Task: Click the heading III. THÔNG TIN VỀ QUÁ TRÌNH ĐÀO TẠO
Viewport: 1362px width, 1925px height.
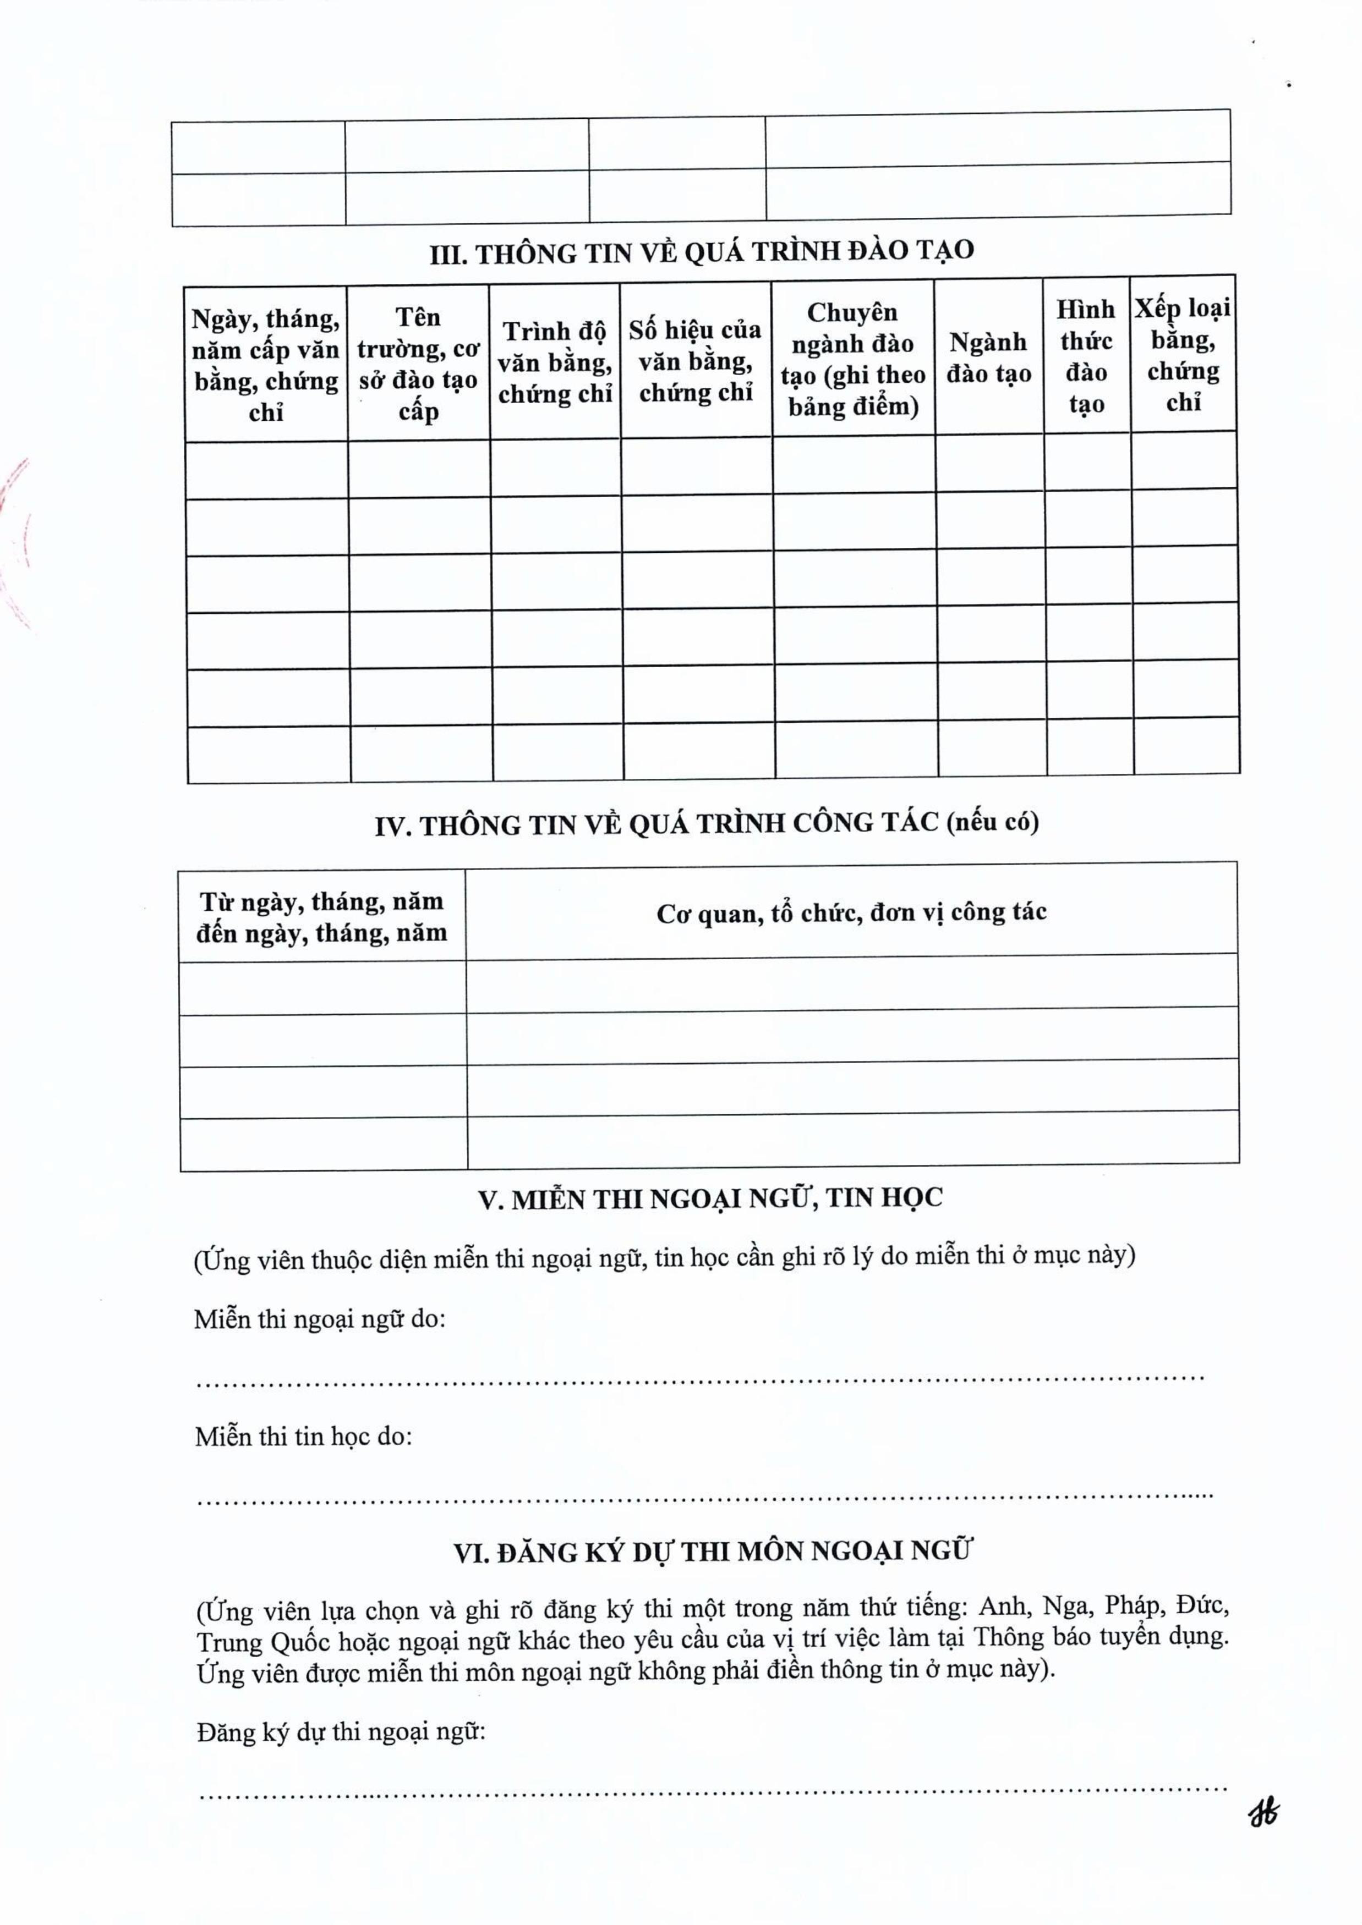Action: click(x=701, y=251)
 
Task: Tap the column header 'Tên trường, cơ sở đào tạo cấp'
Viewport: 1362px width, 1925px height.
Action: click(x=418, y=364)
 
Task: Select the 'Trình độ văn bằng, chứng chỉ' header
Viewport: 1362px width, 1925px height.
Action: click(x=554, y=362)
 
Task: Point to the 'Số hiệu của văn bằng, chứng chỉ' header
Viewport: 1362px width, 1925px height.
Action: click(x=695, y=360)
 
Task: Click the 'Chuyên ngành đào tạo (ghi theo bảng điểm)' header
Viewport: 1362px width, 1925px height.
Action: click(x=852, y=359)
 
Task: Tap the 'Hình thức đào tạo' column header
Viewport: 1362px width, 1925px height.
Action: click(x=1085, y=356)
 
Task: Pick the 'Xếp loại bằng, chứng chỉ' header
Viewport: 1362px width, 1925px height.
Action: click(x=1183, y=355)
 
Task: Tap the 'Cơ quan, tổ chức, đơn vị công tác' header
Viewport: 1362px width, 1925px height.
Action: click(x=851, y=912)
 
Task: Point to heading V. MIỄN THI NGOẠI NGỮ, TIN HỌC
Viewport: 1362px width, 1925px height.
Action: click(x=710, y=1198)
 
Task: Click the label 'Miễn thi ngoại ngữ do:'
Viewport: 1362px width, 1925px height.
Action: click(x=320, y=1319)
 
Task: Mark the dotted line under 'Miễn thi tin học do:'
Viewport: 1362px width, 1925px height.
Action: click(x=704, y=1495)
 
